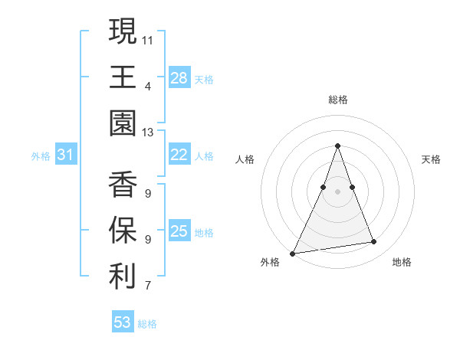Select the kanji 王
123,77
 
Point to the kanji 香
123,185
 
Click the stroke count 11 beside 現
149,39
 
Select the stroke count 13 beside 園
149,133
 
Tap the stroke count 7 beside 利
148,287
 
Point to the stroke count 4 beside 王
148,86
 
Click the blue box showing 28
179,77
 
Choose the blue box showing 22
179,155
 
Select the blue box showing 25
179,231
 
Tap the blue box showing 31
65,155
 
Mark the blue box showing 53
122,322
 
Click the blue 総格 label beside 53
147,324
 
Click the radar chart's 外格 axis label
269,262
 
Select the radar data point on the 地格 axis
374,242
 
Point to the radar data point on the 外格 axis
293,253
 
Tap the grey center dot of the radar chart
337,191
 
